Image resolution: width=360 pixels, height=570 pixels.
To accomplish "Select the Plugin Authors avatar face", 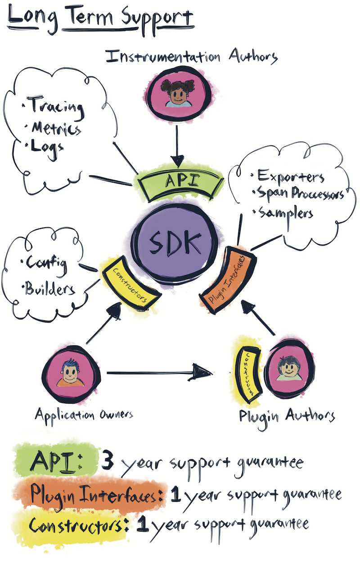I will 285,371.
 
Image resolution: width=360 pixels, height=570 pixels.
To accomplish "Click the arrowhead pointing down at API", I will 178,161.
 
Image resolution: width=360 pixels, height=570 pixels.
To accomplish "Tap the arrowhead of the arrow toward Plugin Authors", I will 205,372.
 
